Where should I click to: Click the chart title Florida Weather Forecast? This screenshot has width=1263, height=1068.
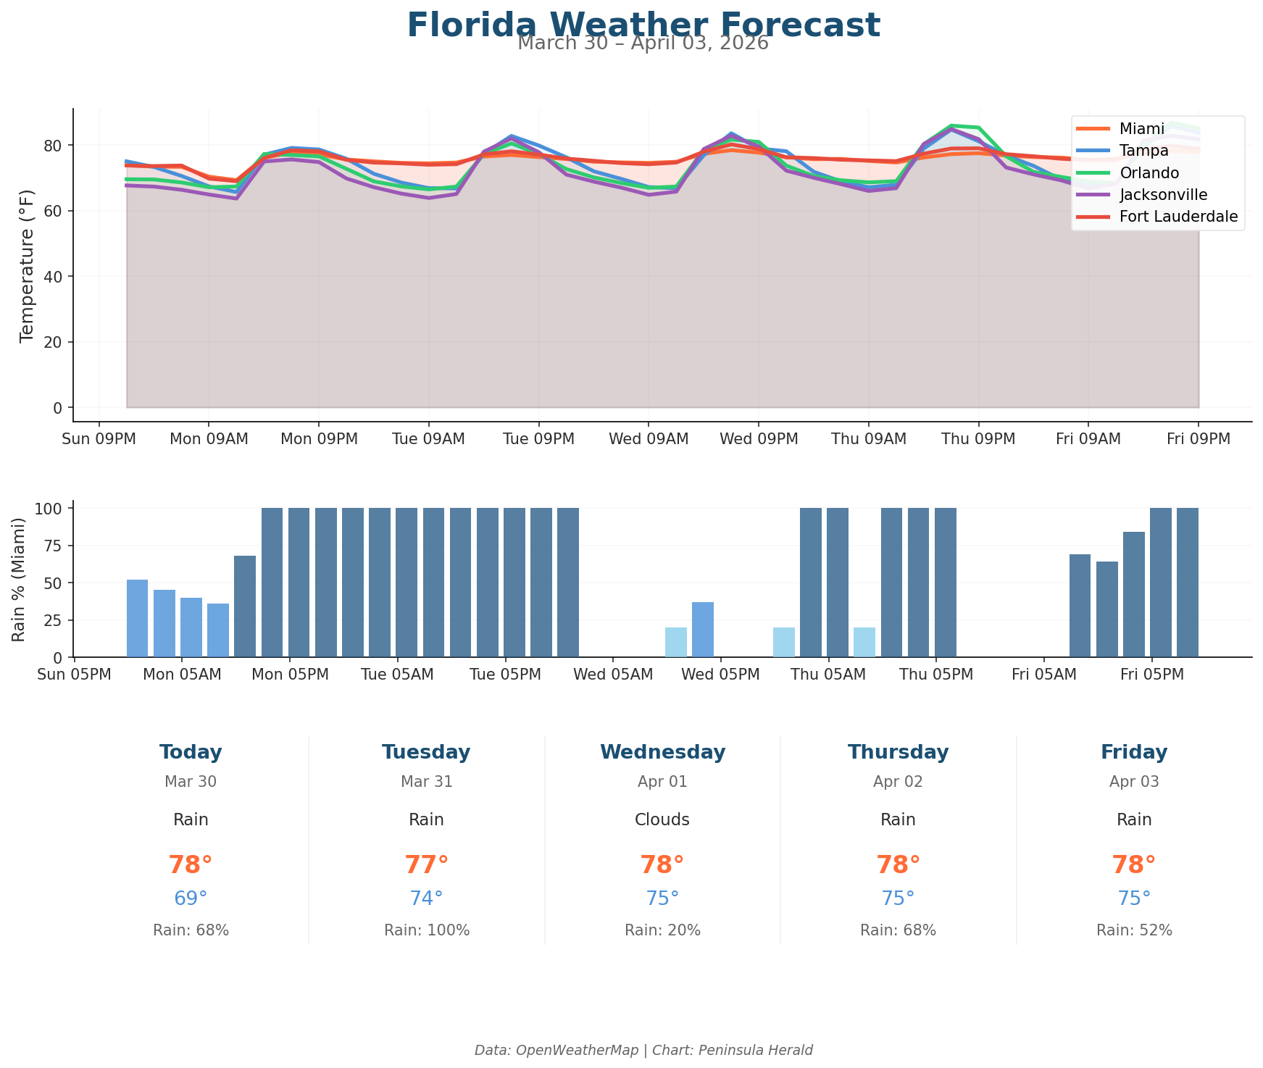[x=643, y=25]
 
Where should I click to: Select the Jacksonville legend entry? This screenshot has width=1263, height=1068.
[x=1163, y=194]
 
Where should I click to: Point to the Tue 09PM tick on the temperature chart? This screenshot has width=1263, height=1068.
[x=538, y=439]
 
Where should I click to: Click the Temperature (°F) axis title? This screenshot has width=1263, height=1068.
[x=27, y=264]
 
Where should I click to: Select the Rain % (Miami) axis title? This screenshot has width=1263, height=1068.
[x=20, y=579]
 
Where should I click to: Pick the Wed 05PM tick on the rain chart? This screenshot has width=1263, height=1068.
[x=720, y=675]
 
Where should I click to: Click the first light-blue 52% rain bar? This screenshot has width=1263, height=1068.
[x=137, y=618]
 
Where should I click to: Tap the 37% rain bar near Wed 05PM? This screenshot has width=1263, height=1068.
[x=702, y=630]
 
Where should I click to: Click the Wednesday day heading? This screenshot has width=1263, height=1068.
[x=662, y=752]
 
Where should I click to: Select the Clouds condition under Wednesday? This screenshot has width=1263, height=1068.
[x=662, y=819]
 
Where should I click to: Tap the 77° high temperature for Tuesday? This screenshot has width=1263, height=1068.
[x=426, y=865]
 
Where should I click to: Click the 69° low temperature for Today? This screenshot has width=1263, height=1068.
[x=191, y=898]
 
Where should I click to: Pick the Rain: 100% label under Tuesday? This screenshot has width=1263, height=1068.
[x=426, y=930]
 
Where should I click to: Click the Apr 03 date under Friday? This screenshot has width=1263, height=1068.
[x=1134, y=782]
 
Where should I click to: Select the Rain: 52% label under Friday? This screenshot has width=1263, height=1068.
[x=1134, y=930]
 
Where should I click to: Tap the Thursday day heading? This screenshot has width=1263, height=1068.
[x=898, y=752]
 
